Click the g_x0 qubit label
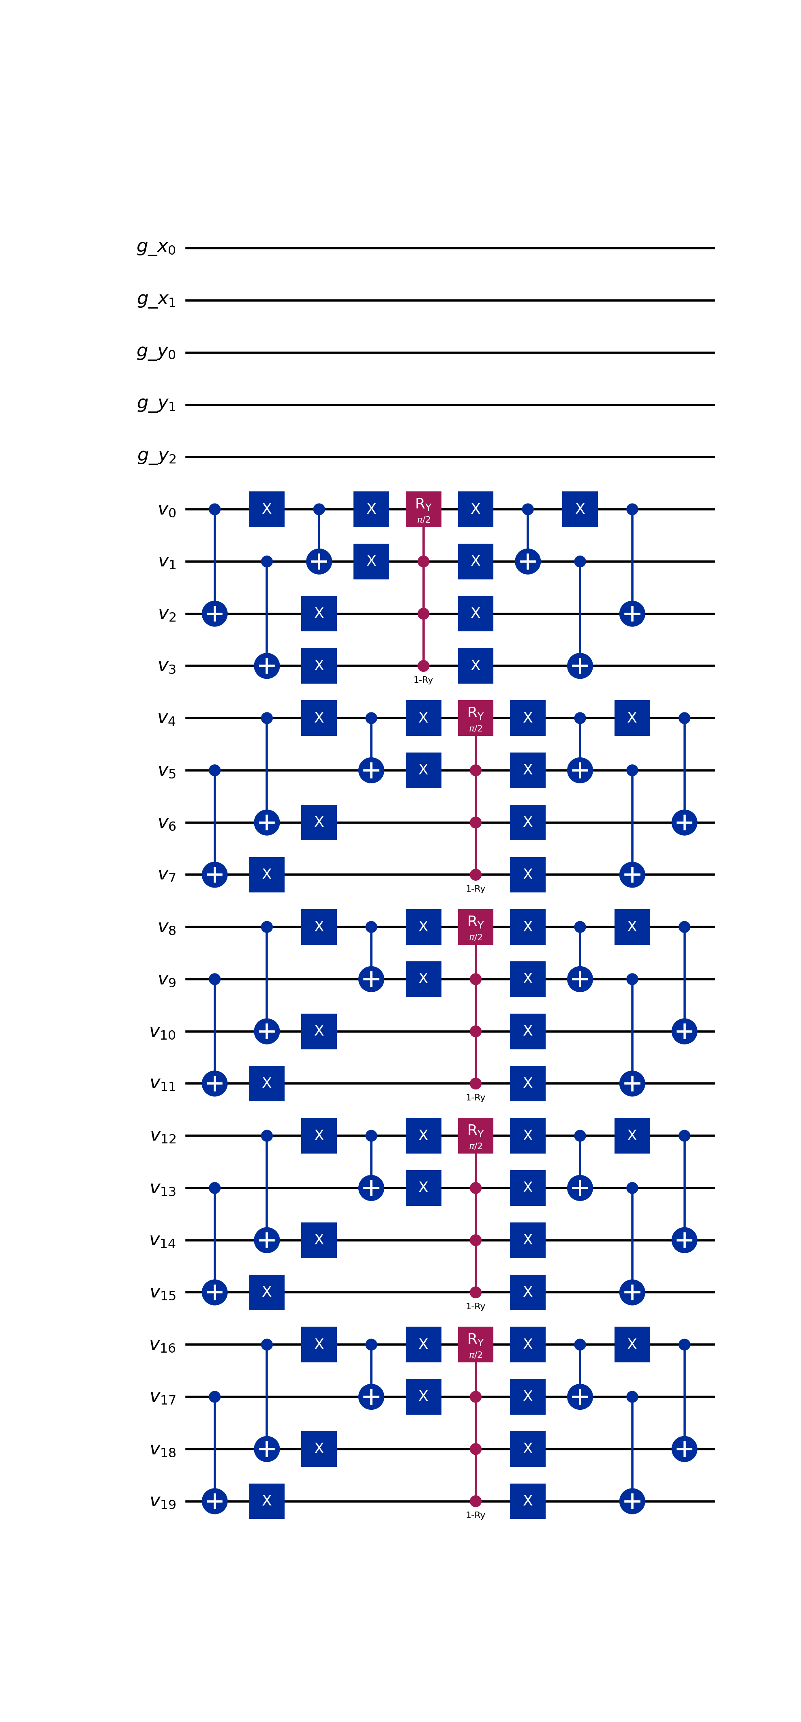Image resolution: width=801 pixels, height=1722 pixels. click(x=156, y=248)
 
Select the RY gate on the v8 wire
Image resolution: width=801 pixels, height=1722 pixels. click(x=475, y=926)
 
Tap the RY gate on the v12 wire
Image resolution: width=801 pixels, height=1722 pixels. click(x=475, y=1135)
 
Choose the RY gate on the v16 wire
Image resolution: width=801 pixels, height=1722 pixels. click(x=475, y=1344)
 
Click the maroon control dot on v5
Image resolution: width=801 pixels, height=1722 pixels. click(x=475, y=770)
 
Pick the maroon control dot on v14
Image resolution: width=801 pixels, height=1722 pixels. click(x=475, y=1240)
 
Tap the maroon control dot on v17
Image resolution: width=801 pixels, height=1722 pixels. click(x=475, y=1396)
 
